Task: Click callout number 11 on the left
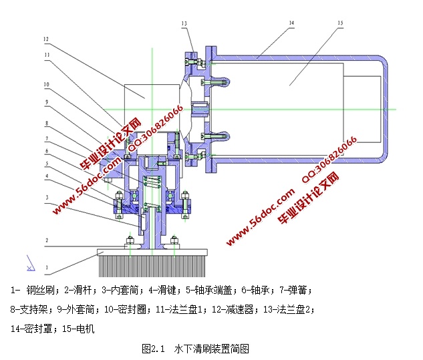47,55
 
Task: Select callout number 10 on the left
47,85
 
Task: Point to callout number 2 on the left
47,239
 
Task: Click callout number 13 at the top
184,23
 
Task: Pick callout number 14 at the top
291,23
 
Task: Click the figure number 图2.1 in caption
153,349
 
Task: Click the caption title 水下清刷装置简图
211,349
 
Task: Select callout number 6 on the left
47,152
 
